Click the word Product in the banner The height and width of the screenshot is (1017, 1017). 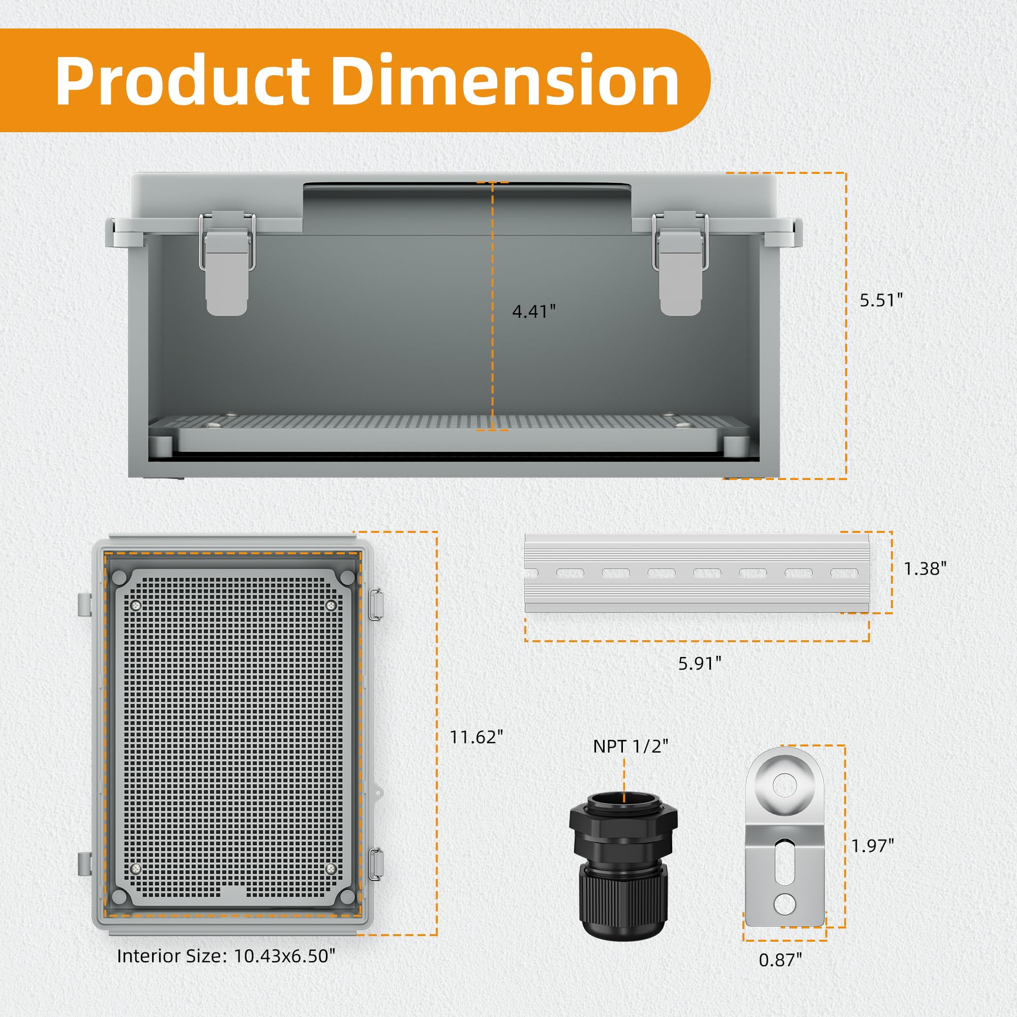click(183, 80)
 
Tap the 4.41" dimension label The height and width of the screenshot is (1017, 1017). click(534, 312)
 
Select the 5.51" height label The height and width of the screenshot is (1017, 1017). click(881, 300)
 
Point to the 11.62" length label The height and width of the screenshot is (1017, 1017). click(476, 737)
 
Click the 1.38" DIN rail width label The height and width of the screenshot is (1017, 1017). click(925, 569)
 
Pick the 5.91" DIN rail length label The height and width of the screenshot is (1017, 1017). click(699, 663)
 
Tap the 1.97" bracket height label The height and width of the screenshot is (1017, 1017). click(873, 846)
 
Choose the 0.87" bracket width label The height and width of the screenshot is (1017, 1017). click(780, 960)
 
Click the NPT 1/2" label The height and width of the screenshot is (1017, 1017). click(631, 746)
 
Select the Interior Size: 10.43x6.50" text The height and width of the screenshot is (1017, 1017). click(226, 955)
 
